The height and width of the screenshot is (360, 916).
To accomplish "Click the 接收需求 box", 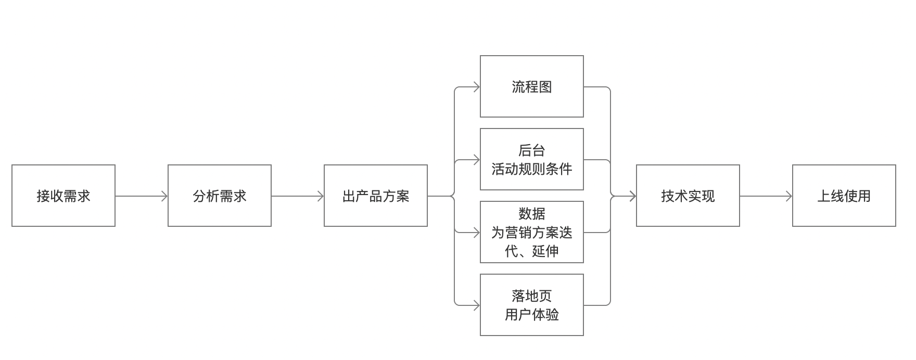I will (x=63, y=196).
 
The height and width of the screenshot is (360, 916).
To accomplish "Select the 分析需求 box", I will (x=220, y=196).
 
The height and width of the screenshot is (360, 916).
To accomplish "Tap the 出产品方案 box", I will (x=376, y=196).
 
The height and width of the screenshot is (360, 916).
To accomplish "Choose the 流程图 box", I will (x=532, y=86).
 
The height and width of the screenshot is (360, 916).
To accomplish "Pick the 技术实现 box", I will (x=688, y=196).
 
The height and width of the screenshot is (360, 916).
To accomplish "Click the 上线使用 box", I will (x=844, y=196).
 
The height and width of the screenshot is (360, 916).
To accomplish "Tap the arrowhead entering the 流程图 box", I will (x=476, y=87).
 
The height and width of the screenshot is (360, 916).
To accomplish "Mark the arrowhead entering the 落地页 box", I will (x=476, y=305).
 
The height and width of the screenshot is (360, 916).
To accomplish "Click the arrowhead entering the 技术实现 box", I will (x=632, y=196).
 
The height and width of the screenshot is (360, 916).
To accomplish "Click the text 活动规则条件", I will (x=532, y=169).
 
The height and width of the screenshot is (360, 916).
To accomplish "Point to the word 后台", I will (x=532, y=150).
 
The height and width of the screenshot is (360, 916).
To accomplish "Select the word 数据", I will (x=532, y=214).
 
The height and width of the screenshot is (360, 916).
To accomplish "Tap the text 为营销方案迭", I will (x=532, y=233).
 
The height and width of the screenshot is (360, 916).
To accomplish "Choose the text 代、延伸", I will (x=532, y=251).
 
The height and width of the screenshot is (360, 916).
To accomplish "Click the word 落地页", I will (x=532, y=296).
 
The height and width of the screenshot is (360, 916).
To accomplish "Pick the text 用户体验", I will (x=532, y=315).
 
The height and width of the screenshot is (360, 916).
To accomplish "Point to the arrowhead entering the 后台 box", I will (x=476, y=160).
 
